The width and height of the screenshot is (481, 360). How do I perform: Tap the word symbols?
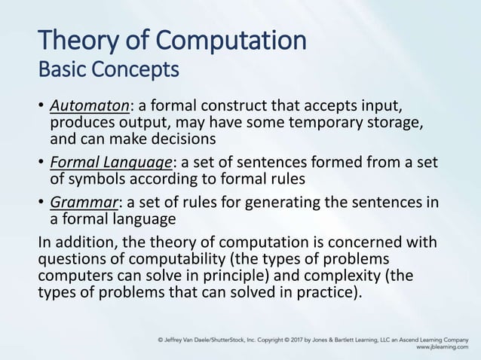pyautogui.click(x=96, y=179)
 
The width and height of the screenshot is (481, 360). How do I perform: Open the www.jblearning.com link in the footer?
pyautogui.click(x=440, y=349)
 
